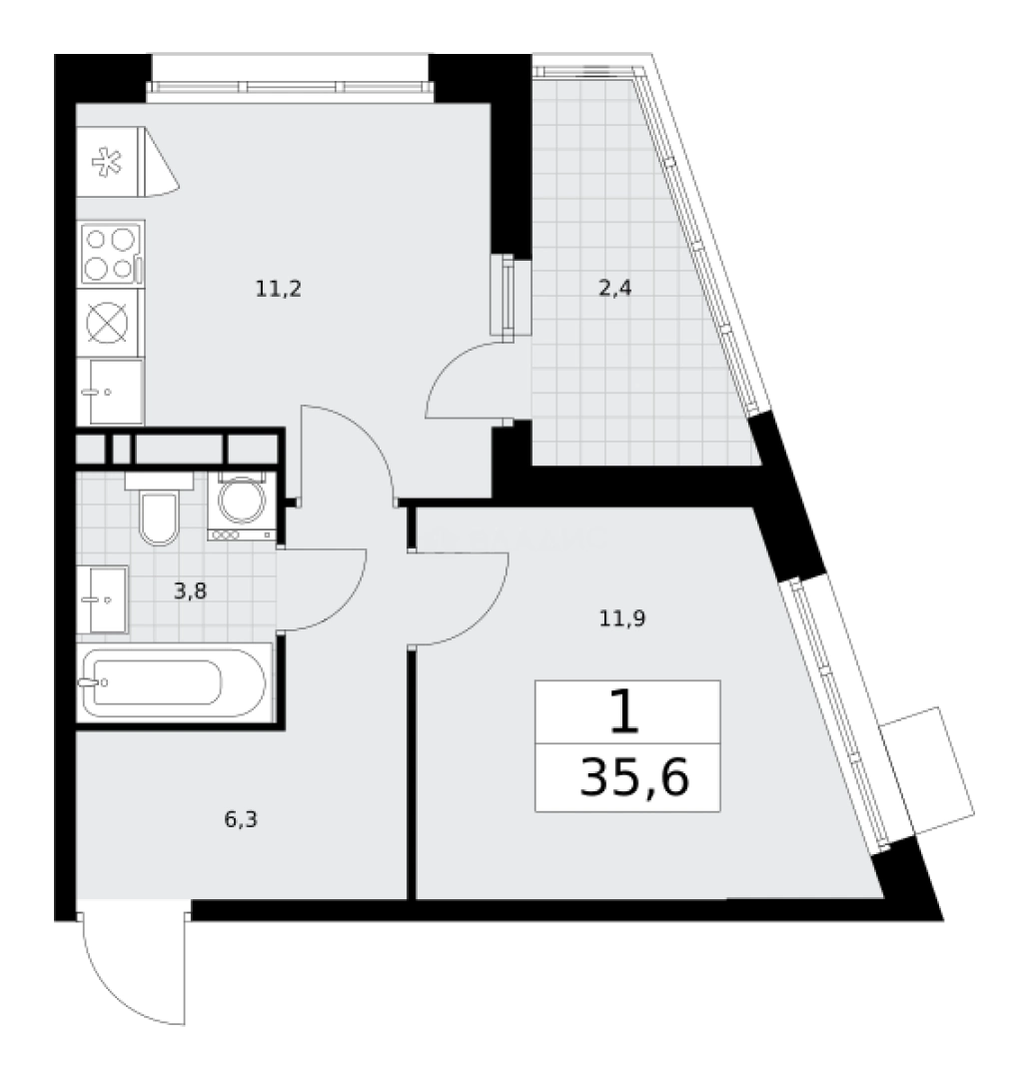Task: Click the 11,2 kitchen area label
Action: (x=278, y=289)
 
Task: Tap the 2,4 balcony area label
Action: (x=614, y=289)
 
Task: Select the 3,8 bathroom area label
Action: (x=190, y=590)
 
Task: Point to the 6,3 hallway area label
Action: (x=241, y=819)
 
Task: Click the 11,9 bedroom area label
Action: (x=622, y=618)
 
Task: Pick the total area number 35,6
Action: (x=634, y=777)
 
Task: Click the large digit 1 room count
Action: (x=625, y=713)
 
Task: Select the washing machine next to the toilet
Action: (x=242, y=507)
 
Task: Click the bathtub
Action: (x=175, y=682)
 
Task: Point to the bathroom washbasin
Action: (x=102, y=599)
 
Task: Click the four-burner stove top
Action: (x=111, y=253)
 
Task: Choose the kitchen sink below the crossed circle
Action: (x=110, y=392)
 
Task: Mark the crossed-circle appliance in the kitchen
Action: (x=107, y=322)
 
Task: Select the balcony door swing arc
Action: (x=449, y=371)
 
